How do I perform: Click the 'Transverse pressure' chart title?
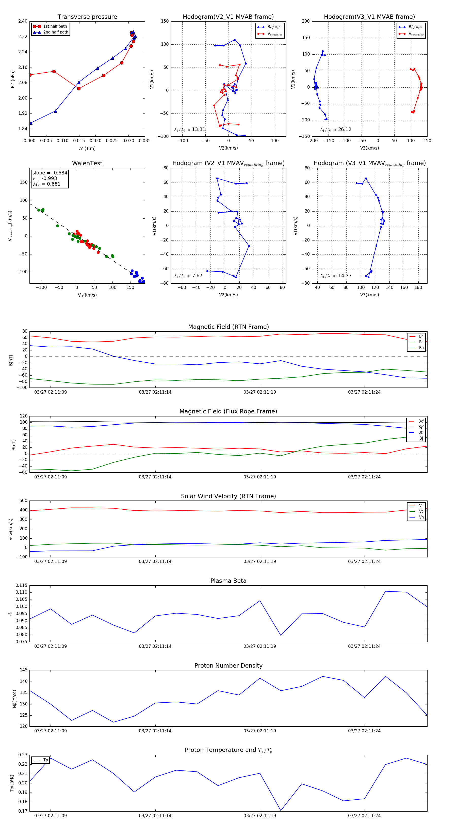[87, 17]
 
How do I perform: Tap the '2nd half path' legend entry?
[56, 32]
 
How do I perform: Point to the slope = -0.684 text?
[50, 173]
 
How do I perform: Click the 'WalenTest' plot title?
[87, 163]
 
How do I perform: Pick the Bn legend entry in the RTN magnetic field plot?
[421, 348]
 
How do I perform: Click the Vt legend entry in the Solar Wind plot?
[421, 511]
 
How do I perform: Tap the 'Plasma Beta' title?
[228, 581]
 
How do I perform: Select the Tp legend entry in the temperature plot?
[45, 760]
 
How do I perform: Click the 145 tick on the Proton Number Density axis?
[23, 670]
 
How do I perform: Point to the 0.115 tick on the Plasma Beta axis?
[22, 585]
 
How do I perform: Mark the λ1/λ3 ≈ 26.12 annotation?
[336, 130]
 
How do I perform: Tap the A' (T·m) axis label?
[87, 148]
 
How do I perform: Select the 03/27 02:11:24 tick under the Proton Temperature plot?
[364, 816]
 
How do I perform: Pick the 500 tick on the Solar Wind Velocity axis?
[23, 501]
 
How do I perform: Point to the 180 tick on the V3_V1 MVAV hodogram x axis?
[418, 287]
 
